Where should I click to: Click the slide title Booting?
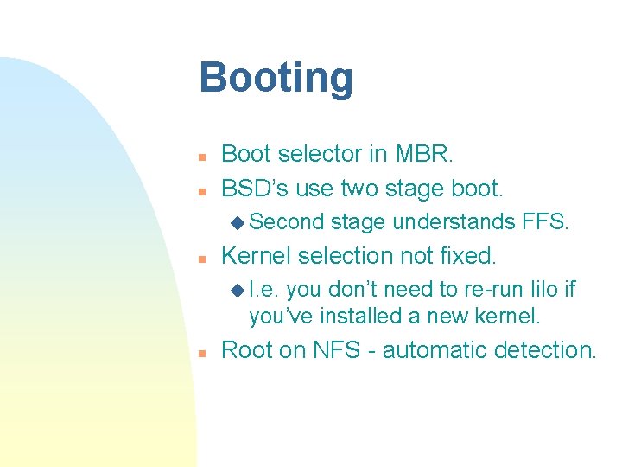[x=276, y=78]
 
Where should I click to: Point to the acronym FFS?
[x=545, y=222]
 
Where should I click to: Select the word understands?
[x=454, y=222]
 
